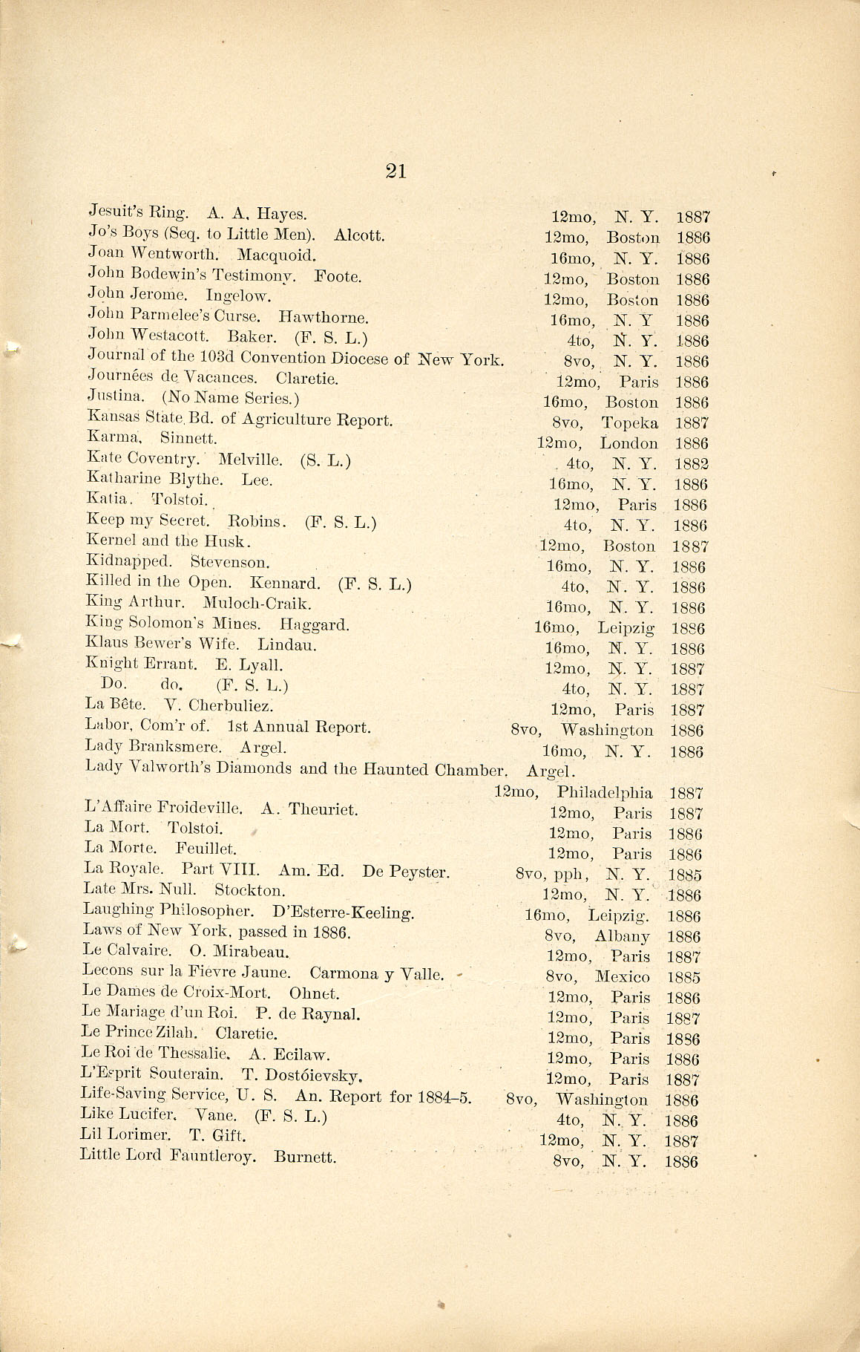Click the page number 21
395,172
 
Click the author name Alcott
359,235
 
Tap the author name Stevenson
230,562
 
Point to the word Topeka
629,422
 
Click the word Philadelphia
605,792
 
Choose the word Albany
622,936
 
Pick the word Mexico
623,977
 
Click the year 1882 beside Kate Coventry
692,464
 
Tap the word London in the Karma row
628,443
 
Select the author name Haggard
315,624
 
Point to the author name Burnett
305,1156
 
